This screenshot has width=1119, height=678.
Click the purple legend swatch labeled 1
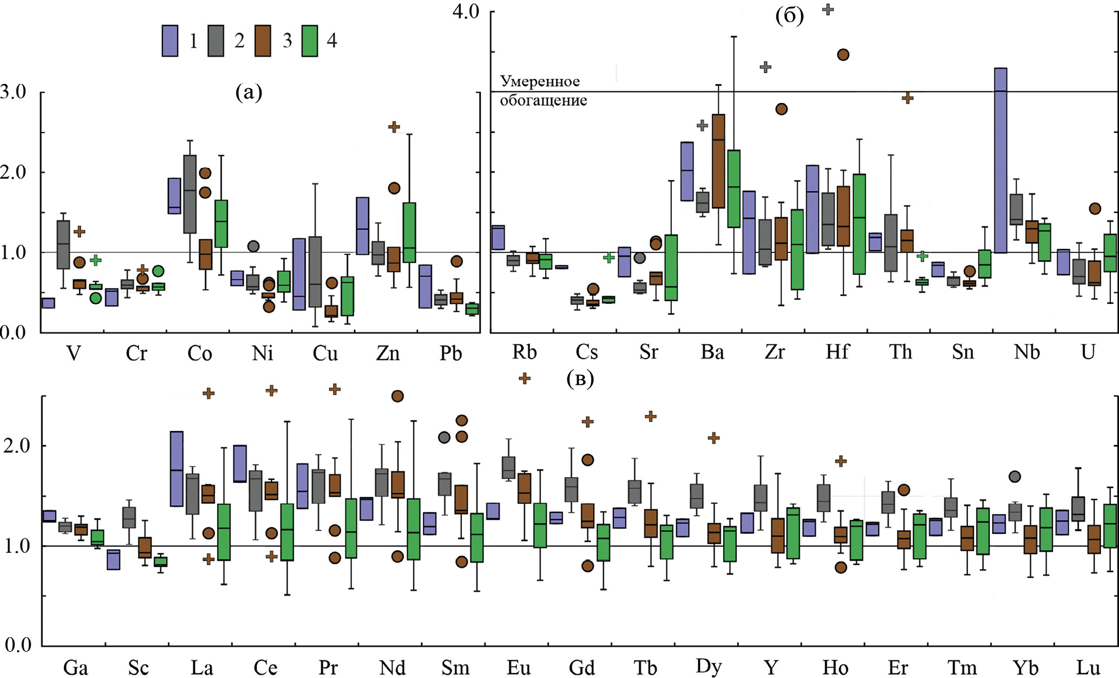[x=170, y=41]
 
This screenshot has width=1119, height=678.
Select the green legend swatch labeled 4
[x=310, y=41]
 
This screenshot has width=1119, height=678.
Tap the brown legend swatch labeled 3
[x=263, y=41]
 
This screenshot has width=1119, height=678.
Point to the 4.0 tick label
[x=466, y=11]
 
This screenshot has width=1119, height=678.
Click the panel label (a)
[x=248, y=93]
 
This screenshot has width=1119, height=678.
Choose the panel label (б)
[x=789, y=16]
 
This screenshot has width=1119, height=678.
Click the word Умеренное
[x=540, y=81]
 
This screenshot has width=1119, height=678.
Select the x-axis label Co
[x=200, y=354]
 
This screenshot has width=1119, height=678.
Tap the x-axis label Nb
[x=1026, y=352]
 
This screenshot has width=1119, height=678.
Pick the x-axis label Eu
[x=518, y=668]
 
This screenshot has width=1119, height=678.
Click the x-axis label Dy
[x=708, y=667]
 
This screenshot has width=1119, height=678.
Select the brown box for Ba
[x=718, y=161]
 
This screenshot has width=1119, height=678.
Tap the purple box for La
[x=176, y=468]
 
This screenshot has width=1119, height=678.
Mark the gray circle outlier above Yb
[x=1015, y=477]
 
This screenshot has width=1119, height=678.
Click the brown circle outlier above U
[x=1095, y=208]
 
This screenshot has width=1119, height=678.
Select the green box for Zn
[x=409, y=232]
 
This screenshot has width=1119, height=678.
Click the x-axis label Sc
[x=138, y=668]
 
